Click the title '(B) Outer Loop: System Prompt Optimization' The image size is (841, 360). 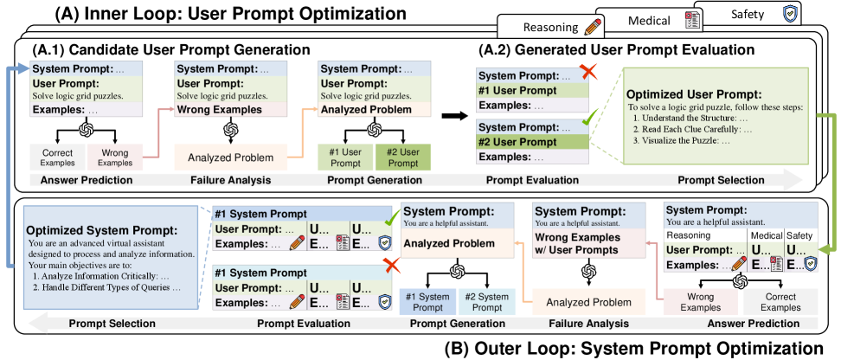[x=635, y=349]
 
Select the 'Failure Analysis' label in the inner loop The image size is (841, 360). [x=231, y=179]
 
